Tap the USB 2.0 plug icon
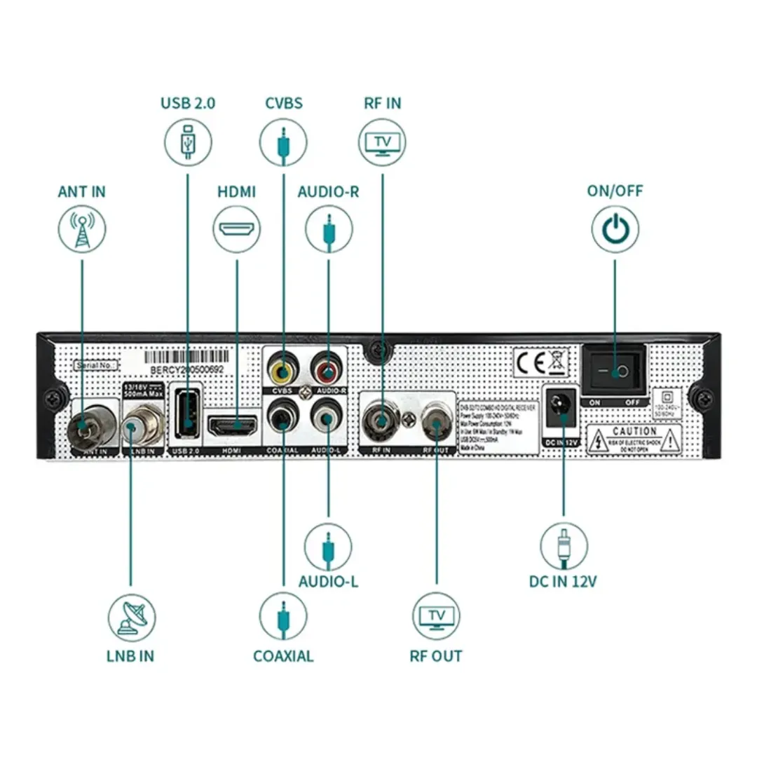(188, 142)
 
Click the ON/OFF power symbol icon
(615, 230)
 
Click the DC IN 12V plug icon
(564, 545)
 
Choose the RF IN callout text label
(382, 103)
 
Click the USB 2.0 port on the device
(186, 418)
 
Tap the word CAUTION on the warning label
(634, 432)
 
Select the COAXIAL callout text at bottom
(283, 656)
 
